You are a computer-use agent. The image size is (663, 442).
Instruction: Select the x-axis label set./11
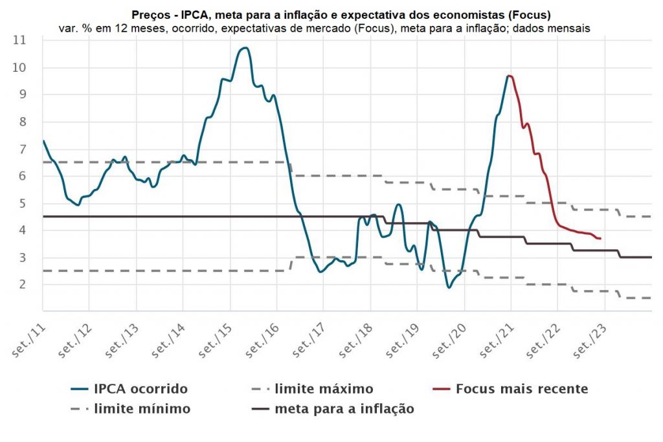[x=29, y=338]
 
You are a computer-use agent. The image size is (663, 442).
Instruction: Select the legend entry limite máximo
[x=324, y=389]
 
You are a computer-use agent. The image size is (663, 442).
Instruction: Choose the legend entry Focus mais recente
[x=522, y=389]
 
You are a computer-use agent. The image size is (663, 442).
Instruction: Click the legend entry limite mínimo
[x=142, y=409]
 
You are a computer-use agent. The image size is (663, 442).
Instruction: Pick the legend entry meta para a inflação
[x=344, y=409]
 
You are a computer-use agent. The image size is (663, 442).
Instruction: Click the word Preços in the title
[x=151, y=14]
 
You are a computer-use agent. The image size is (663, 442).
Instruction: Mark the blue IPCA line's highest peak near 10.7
[x=244, y=48]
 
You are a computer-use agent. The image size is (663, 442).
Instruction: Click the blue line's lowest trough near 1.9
[x=449, y=287]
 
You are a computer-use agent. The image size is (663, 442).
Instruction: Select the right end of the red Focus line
[x=601, y=239]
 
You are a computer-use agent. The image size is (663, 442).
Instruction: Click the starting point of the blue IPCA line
[x=43, y=141]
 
